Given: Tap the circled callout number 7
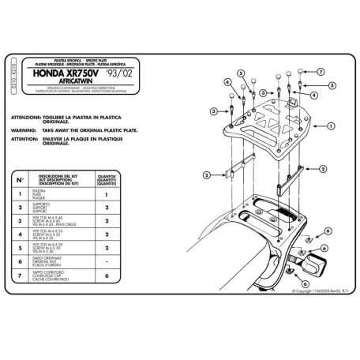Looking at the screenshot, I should [x=321, y=72].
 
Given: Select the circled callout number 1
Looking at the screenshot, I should [x=329, y=125].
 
